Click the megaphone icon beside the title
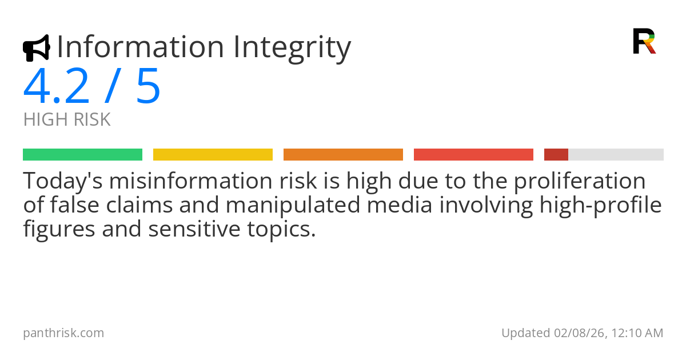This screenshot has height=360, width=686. point(36,48)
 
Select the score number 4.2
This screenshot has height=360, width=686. point(57,86)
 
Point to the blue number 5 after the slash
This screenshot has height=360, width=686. point(148,86)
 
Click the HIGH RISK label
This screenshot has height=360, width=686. point(67,120)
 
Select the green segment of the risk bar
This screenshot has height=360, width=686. point(82,155)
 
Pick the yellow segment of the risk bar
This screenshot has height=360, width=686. point(213,155)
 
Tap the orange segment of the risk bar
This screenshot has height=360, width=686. point(343,155)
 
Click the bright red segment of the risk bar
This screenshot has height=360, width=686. point(473,155)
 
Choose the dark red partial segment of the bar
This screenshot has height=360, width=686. point(556,155)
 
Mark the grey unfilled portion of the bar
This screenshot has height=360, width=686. point(616,155)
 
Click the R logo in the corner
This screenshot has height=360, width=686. point(644,41)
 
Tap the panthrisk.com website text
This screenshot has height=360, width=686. point(63,333)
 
